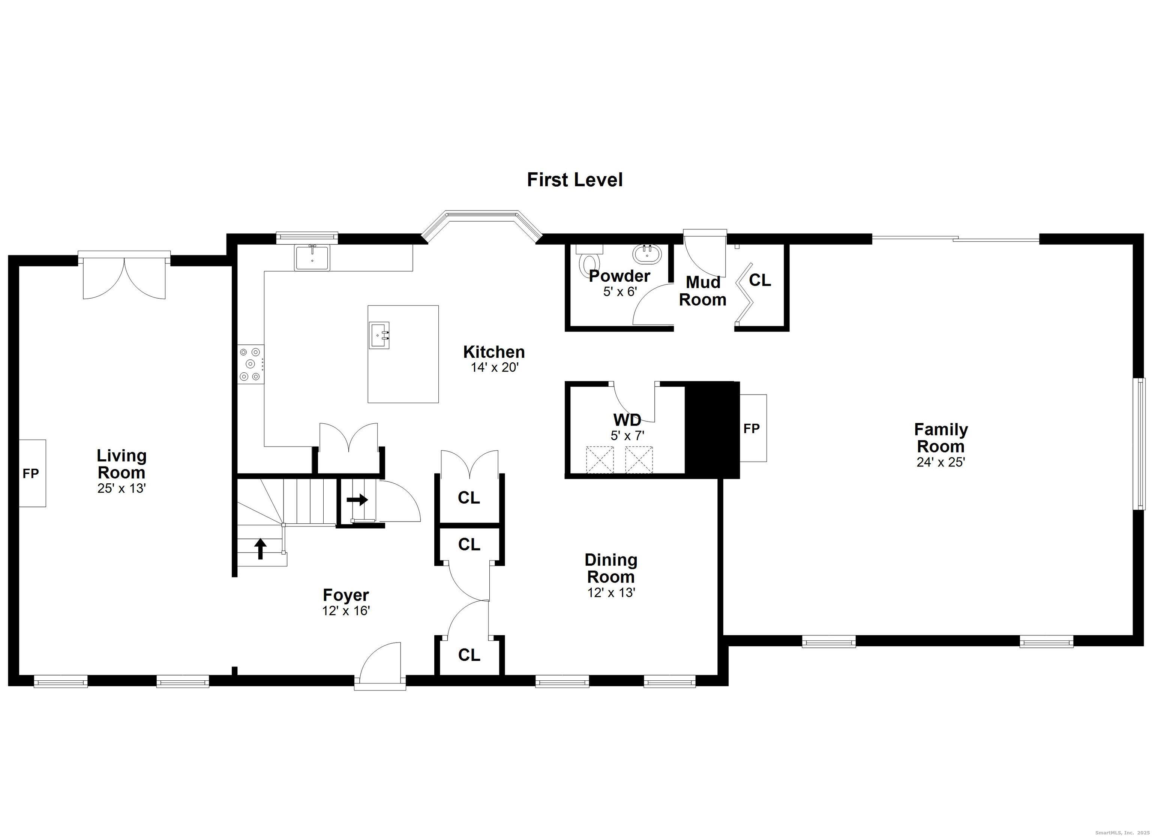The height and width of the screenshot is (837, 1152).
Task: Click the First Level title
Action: [574, 180]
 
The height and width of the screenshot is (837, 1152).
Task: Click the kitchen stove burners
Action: [251, 364]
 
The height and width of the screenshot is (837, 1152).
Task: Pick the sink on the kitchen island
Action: [379, 335]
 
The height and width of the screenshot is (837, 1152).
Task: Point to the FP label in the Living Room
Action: [30, 474]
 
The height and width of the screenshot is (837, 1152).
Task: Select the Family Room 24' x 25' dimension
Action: [941, 462]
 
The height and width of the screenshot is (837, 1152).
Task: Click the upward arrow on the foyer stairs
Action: [261, 549]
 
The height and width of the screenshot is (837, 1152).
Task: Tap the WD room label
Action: [627, 420]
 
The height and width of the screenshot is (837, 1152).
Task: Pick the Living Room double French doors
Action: [124, 277]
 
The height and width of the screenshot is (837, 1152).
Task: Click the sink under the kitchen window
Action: [312, 257]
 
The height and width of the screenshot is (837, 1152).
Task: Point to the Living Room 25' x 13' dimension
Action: [122, 488]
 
